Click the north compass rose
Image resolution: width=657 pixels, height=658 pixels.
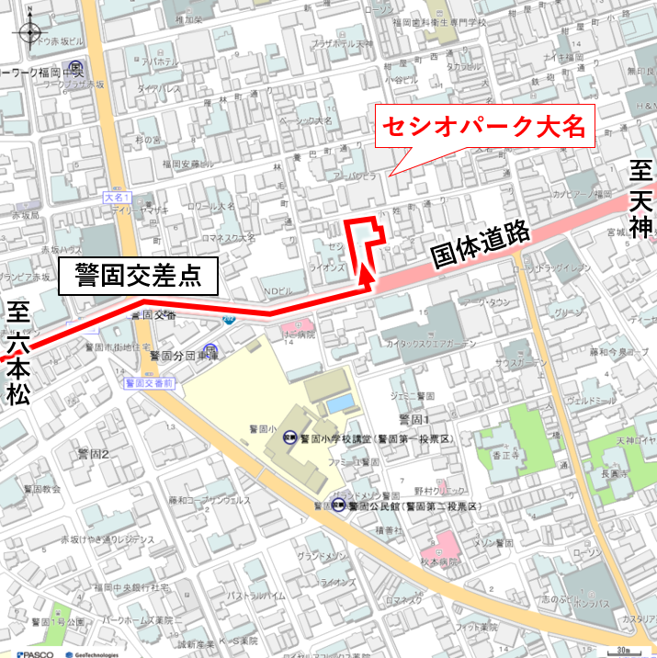coord(28,32)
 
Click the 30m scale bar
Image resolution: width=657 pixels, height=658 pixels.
coord(627,650)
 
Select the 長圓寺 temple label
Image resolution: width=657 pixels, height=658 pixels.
coord(611,474)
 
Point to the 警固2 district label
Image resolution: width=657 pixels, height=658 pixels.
coord(93,454)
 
